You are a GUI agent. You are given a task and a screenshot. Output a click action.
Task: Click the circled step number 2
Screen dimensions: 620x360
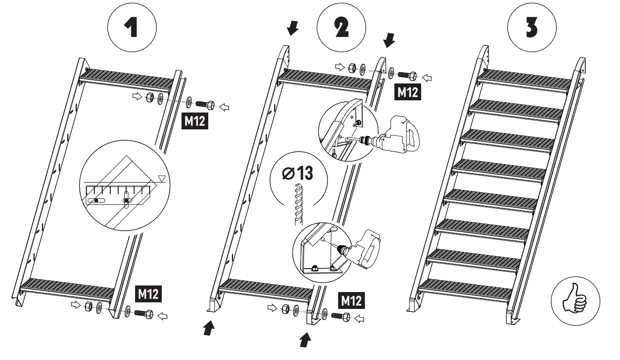[x=341, y=28]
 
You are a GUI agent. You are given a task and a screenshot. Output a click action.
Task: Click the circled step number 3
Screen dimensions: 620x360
[x=532, y=27]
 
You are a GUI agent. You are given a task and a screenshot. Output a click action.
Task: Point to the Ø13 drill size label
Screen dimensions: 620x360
[x=297, y=173]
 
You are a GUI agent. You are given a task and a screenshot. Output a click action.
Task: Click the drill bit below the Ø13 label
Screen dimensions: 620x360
[x=298, y=204]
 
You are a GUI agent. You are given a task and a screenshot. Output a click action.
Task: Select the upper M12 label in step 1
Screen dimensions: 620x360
[x=195, y=121]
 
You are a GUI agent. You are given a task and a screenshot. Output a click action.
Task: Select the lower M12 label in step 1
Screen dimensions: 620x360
[x=148, y=294]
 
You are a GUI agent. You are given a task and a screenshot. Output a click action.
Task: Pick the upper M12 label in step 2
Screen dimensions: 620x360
[x=408, y=92]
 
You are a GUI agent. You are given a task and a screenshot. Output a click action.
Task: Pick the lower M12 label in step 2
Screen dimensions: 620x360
[x=351, y=300]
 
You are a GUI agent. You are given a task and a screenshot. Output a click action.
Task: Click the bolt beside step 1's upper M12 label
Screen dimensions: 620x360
[x=205, y=105]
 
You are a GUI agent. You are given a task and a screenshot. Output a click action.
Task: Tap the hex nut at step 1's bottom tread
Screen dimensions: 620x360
[x=88, y=306]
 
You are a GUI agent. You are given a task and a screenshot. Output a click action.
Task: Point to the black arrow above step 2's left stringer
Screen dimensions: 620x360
[x=293, y=29]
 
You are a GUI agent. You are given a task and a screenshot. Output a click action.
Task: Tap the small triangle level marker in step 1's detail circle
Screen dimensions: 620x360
[x=162, y=179]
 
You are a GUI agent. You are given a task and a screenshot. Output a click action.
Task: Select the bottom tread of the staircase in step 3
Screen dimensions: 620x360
[x=465, y=291]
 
